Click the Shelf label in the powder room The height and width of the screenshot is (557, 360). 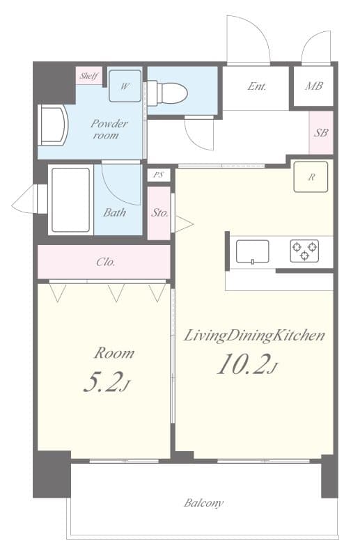(88, 76)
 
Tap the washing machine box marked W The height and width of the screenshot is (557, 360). (125, 86)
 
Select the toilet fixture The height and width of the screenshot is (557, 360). (169, 92)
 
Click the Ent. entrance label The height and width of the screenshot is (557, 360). (256, 87)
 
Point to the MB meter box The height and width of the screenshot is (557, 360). (313, 87)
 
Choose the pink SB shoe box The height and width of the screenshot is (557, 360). (320, 132)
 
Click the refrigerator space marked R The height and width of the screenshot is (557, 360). (311, 177)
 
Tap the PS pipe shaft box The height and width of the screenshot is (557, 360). (159, 175)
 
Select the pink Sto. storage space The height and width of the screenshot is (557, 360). (159, 213)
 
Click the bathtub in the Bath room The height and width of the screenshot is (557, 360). (70, 200)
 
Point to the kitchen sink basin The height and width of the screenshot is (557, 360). (252, 251)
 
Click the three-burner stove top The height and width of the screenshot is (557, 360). (304, 251)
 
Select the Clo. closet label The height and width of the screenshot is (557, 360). (105, 262)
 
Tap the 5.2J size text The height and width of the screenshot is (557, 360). (105, 382)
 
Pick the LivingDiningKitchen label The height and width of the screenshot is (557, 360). (254, 336)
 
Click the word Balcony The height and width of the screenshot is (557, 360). (204, 503)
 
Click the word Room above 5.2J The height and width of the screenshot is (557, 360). (115, 353)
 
